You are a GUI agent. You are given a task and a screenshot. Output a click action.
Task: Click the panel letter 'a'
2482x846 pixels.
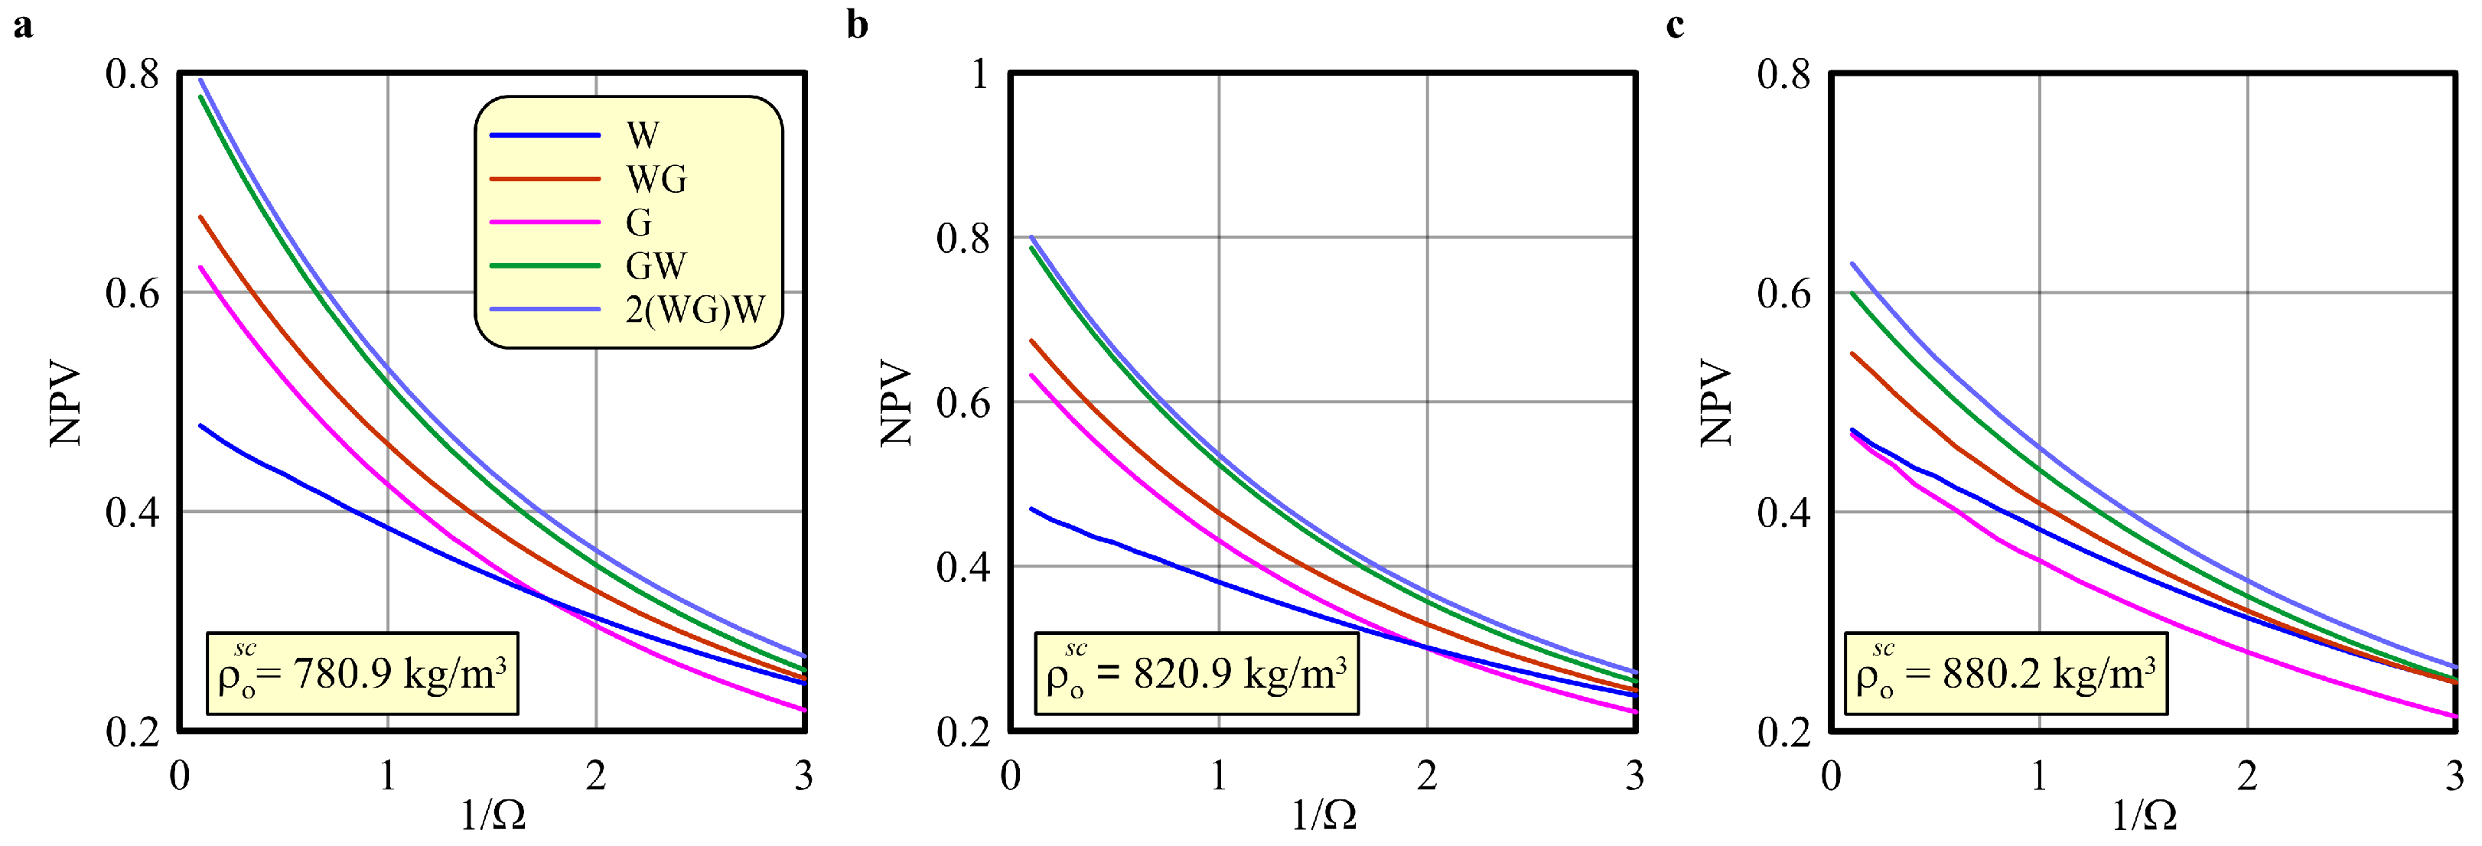(22, 25)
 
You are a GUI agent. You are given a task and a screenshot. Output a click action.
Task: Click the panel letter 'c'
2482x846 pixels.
(1675, 25)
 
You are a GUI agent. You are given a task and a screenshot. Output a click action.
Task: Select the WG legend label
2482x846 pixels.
(656, 179)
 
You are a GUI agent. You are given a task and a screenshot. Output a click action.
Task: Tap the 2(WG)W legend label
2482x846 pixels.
(695, 309)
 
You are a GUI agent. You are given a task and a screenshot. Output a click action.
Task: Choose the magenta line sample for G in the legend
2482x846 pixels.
(546, 223)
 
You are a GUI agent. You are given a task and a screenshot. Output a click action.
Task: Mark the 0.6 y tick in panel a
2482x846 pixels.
(132, 294)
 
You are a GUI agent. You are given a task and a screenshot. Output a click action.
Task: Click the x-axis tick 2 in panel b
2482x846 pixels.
(1427, 776)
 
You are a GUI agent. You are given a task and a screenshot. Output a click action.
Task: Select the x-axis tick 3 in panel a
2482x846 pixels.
(803, 776)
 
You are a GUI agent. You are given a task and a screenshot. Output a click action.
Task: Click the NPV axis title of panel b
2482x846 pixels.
(896, 403)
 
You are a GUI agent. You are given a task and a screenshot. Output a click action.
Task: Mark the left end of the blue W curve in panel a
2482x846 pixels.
(200, 425)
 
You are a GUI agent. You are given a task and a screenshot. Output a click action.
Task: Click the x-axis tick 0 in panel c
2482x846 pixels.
(1831, 776)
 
